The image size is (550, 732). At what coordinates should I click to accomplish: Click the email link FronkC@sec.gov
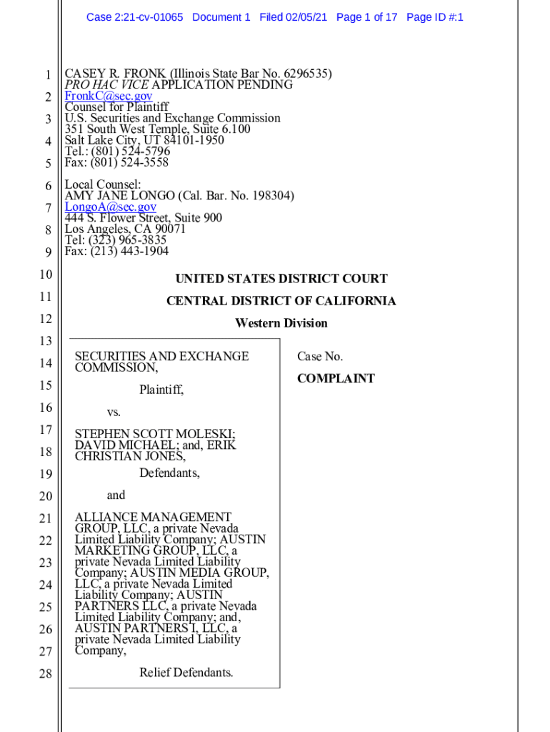tap(109, 96)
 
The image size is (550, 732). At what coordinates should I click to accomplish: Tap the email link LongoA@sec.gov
tap(111, 207)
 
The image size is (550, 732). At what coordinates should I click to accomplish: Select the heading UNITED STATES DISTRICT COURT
tap(281, 279)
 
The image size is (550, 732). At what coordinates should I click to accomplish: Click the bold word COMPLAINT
tap(336, 379)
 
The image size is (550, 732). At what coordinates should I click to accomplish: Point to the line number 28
tap(45, 673)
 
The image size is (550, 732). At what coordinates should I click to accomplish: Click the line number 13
tap(45, 341)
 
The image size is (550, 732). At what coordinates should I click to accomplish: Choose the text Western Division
tap(281, 323)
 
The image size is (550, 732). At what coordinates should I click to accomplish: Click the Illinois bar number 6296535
tap(306, 74)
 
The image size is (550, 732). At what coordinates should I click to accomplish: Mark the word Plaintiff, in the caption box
tap(161, 390)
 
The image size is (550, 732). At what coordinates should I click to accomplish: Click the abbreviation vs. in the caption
tap(114, 412)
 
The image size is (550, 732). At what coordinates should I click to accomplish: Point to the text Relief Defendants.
tap(186, 673)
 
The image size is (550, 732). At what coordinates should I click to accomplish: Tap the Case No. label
tap(320, 356)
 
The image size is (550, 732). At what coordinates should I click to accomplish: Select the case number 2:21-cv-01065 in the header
tap(150, 16)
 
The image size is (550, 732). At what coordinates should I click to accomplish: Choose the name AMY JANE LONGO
tap(120, 196)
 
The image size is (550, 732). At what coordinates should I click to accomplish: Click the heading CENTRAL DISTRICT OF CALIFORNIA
tap(281, 301)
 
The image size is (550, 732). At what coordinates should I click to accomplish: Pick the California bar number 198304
tap(271, 196)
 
